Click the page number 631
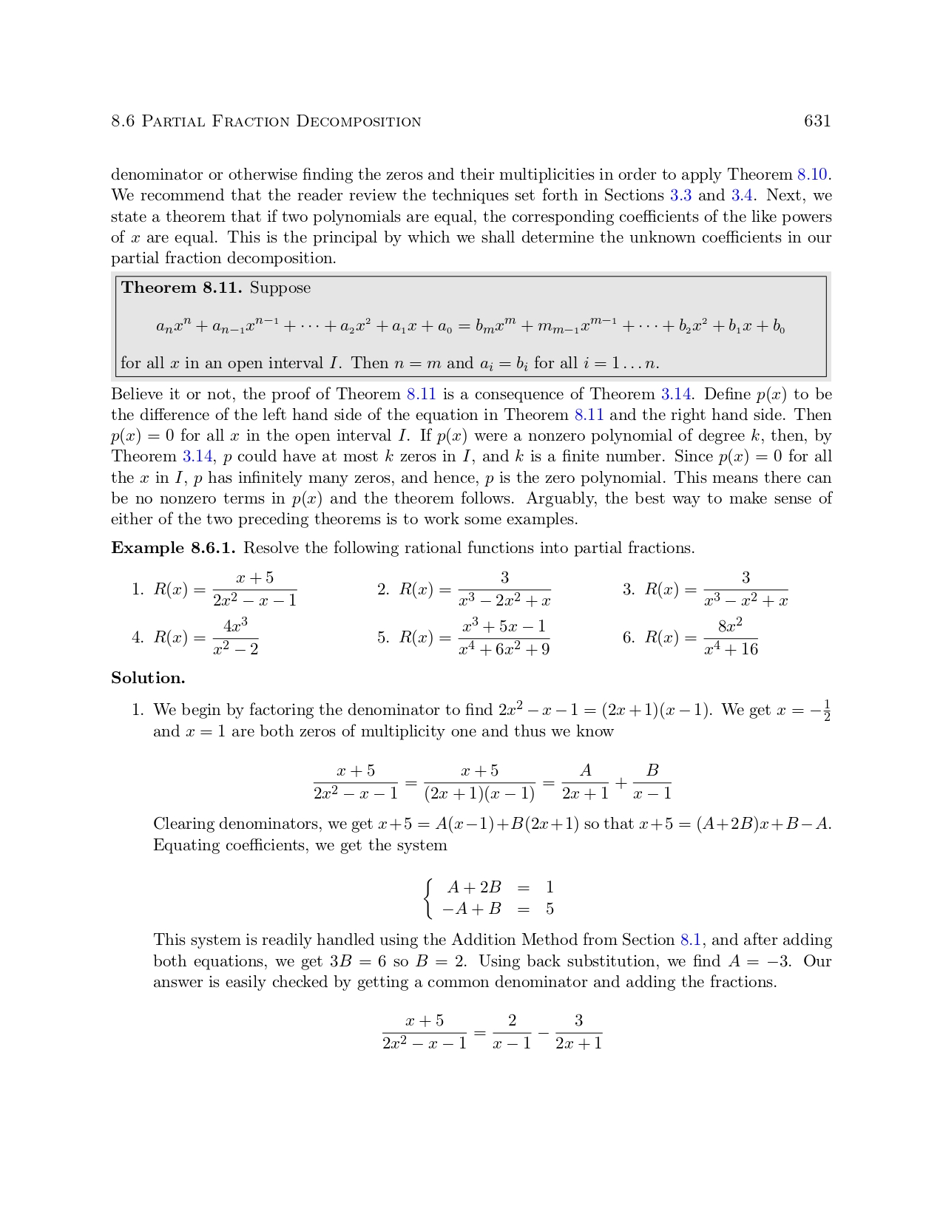817,121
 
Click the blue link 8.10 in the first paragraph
811,175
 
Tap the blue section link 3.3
680,196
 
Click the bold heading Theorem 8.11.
181,288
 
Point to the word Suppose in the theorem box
280,288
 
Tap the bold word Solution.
148,678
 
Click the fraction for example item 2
504,589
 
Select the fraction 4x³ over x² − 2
235,637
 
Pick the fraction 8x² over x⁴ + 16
730,637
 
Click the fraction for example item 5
504,637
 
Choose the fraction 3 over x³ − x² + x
746,589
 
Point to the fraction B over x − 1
652,782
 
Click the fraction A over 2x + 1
585,782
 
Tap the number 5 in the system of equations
550,909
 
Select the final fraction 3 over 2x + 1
578,1032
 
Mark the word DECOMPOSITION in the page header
359,122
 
